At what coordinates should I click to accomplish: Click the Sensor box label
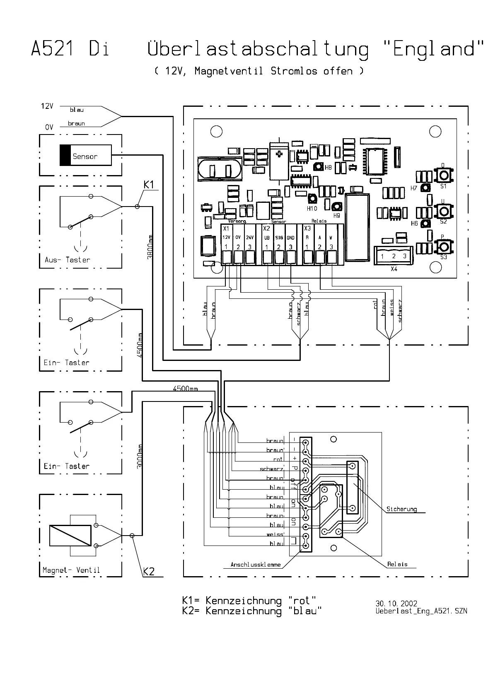point(85,156)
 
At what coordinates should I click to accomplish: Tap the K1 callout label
point(149,185)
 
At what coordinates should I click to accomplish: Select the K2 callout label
point(149,572)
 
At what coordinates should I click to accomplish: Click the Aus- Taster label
point(67,260)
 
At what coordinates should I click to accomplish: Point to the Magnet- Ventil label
point(71,570)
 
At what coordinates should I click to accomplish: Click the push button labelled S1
point(443,175)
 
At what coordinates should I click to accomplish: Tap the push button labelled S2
point(443,211)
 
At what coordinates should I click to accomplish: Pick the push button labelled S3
point(443,248)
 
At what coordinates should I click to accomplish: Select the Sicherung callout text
point(401,509)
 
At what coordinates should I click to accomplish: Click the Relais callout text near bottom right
point(397,564)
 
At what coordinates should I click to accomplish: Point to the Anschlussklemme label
point(256,565)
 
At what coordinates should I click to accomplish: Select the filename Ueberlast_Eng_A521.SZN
point(421,611)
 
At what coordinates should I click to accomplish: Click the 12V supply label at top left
point(47,106)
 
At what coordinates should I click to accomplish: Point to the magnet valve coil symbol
point(70,536)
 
